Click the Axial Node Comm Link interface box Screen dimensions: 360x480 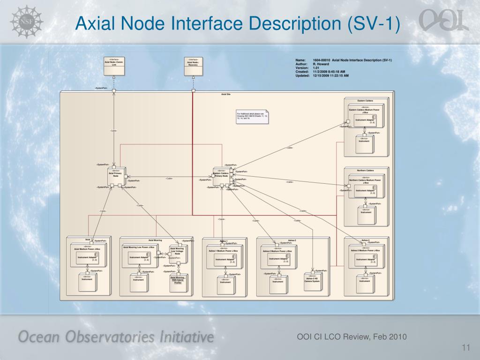[114, 65]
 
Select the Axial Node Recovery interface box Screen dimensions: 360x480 [193, 65]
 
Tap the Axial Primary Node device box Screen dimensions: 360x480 [115, 176]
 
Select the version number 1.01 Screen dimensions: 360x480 [316, 67]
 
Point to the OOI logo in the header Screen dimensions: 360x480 [443, 21]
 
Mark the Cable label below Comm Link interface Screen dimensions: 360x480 [113, 130]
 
